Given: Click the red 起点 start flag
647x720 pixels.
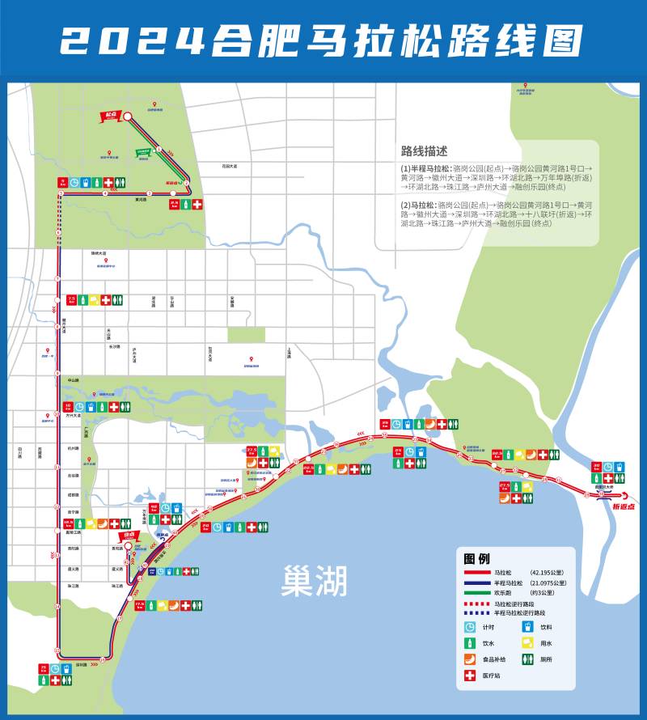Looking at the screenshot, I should point(111,115).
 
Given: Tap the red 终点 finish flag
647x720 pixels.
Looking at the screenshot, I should point(128,536).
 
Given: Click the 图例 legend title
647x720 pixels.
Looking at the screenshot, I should point(476,558).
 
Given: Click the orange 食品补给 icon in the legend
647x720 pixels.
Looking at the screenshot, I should point(469,659).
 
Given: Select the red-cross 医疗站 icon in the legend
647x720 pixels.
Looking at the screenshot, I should point(469,676).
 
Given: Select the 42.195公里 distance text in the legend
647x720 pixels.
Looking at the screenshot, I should point(548,572).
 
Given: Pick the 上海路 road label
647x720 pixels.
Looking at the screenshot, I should point(288,352).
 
